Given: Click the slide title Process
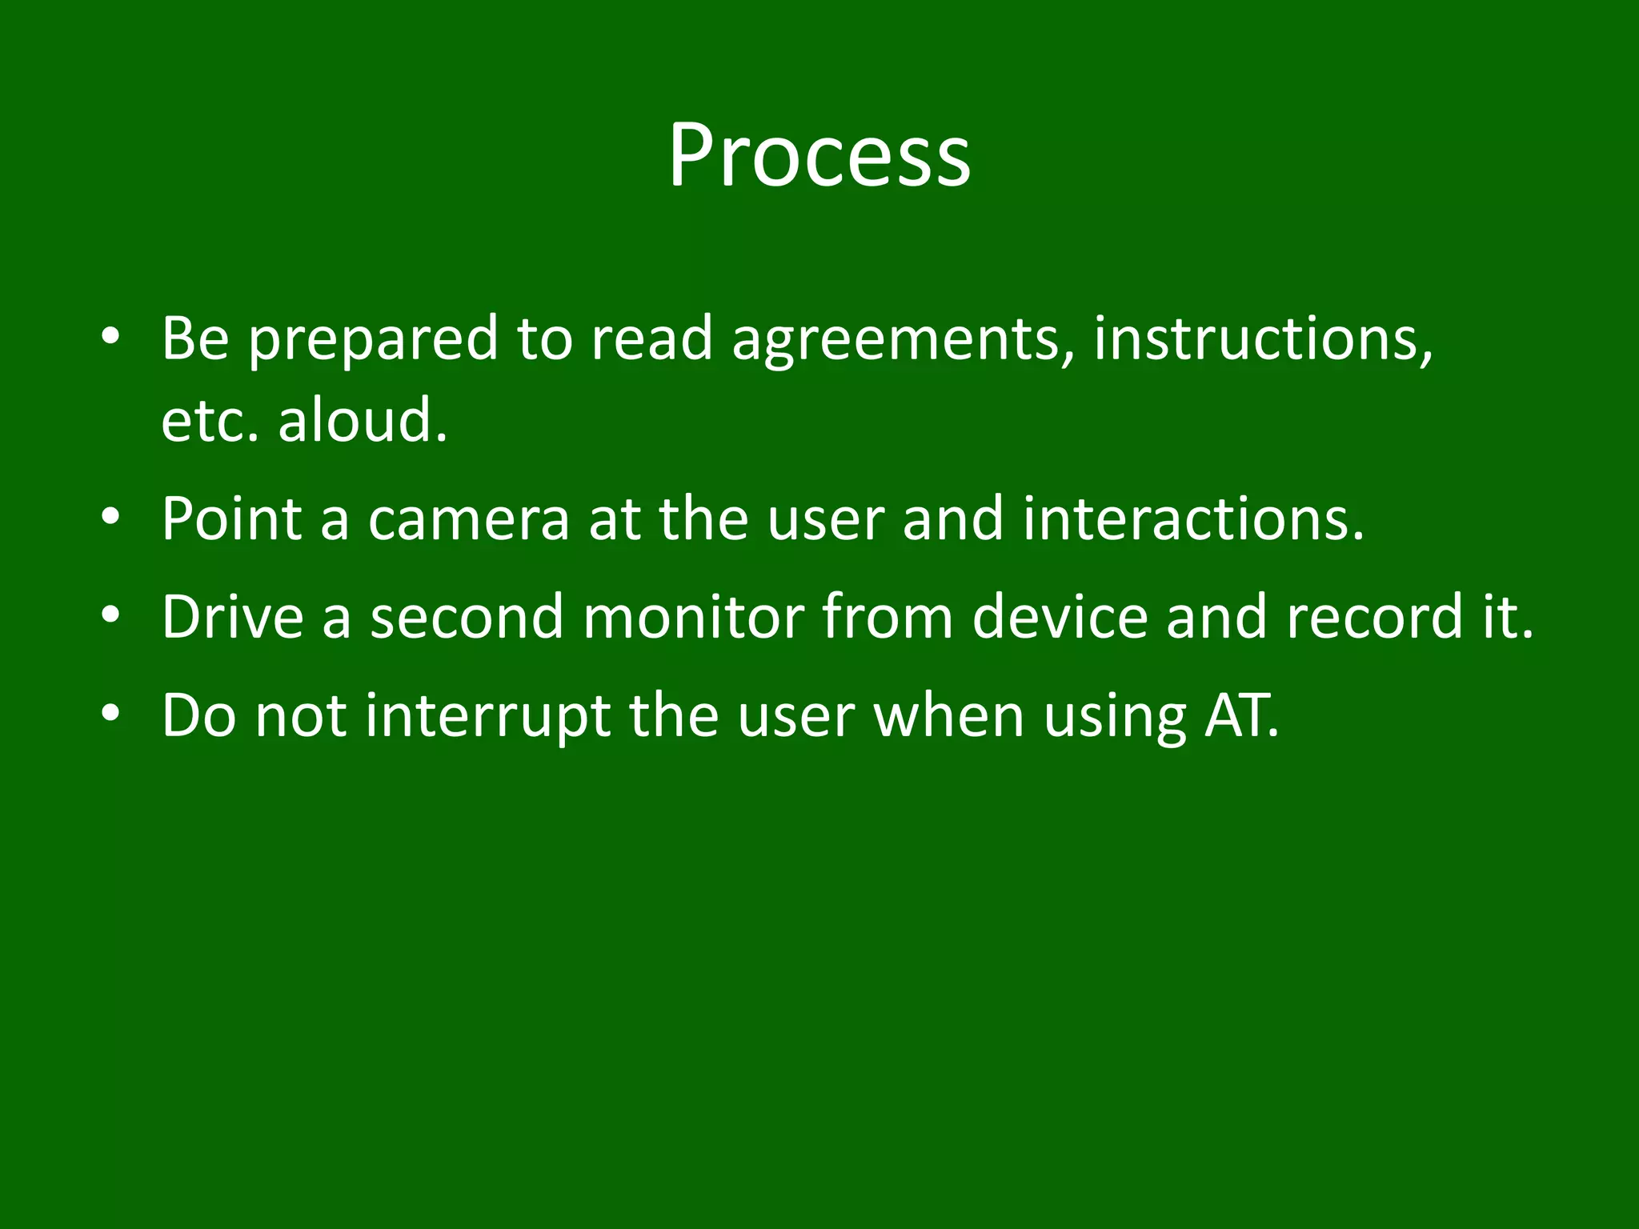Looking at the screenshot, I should [819, 155].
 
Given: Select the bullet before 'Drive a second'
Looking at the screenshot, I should [110, 616].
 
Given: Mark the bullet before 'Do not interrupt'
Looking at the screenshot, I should [110, 714].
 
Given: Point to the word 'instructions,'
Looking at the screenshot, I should [1263, 339].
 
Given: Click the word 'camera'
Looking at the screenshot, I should [468, 520].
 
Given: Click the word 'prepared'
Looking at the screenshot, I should [372, 341].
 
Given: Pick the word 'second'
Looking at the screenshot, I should [467, 618].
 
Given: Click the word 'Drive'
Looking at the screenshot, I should [232, 618].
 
